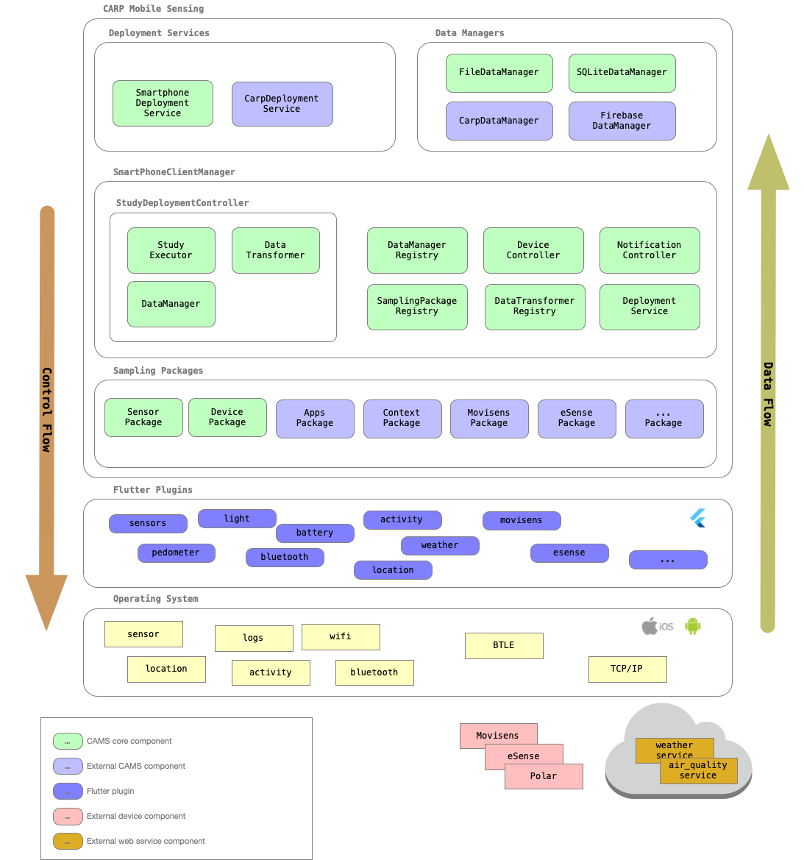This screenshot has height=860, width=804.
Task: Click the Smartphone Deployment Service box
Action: tap(163, 103)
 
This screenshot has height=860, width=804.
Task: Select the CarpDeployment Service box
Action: tap(282, 104)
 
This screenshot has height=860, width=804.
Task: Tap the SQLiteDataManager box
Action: tap(622, 73)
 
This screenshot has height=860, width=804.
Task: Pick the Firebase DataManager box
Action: tap(622, 121)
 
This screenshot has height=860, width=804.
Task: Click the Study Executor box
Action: tap(171, 250)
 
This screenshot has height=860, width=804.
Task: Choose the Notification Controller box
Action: tap(649, 250)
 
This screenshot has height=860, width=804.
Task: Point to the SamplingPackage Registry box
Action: tap(417, 307)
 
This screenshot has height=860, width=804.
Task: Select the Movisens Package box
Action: tap(489, 419)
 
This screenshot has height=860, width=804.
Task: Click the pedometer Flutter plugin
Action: tap(176, 553)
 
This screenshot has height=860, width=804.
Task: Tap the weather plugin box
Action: tap(440, 546)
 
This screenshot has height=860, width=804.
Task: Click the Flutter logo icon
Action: tap(697, 518)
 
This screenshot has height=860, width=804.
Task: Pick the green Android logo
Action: tap(692, 625)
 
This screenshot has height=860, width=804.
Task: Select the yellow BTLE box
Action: tap(504, 645)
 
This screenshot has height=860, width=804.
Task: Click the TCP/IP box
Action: tap(627, 669)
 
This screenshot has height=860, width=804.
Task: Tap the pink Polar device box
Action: tap(544, 777)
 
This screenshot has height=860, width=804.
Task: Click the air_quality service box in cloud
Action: tap(698, 771)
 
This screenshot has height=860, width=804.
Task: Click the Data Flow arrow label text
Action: tap(767, 394)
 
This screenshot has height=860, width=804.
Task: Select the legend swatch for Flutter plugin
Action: tap(68, 792)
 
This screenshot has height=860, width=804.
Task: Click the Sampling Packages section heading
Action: tap(158, 371)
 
